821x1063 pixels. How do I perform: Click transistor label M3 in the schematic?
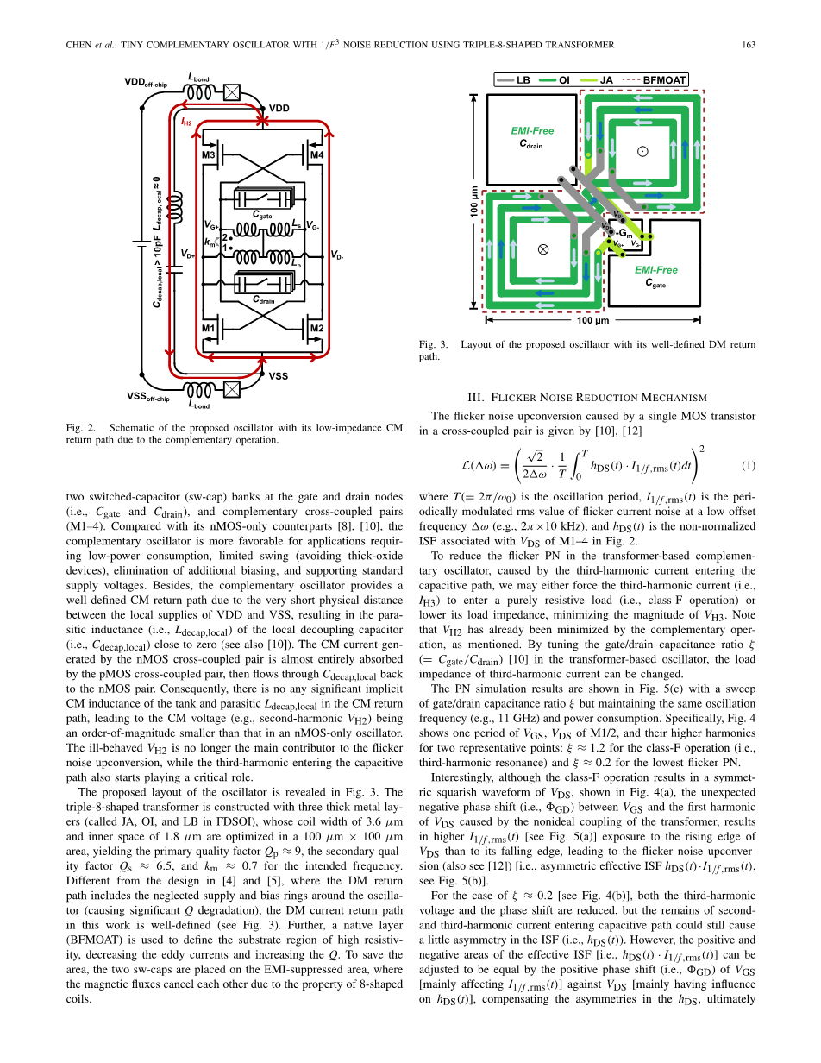tap(208, 155)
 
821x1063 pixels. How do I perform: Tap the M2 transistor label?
tap(316, 329)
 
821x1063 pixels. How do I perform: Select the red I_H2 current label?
tap(185, 123)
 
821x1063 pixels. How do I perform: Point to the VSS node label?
tap(279, 377)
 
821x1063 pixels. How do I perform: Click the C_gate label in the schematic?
tap(262, 214)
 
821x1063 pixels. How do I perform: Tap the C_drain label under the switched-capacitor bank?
tap(263, 299)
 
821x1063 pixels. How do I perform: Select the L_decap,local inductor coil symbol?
tap(177, 207)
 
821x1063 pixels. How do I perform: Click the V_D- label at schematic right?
tap(336, 255)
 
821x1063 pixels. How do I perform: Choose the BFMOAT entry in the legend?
tap(664, 80)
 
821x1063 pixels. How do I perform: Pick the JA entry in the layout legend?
tap(606, 80)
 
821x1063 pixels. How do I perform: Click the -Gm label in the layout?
tap(624, 234)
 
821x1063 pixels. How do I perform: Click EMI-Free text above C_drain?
tap(532, 131)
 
